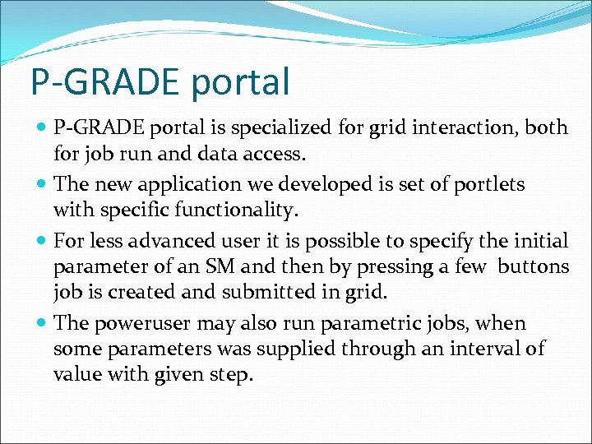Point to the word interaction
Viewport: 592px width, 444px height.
pos(446,127)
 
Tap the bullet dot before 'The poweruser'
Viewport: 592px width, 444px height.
pos(42,324)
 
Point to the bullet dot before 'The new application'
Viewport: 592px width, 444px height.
pos(42,185)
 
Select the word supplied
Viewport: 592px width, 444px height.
pos(294,349)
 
